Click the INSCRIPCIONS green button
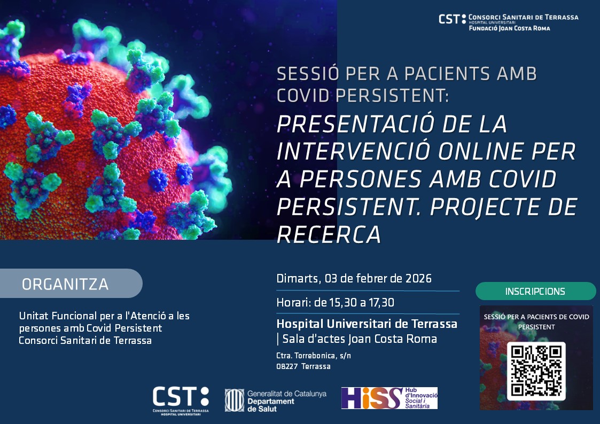tap(535, 292)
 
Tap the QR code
tap(536, 371)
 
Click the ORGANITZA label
tap(65, 284)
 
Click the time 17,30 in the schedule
tap(381, 302)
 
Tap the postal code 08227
tap(287, 366)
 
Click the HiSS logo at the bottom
tap(389, 398)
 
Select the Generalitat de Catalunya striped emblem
tap(234, 401)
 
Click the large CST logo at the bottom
tap(181, 401)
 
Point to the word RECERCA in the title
tap(329, 235)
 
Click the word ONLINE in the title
tap(481, 152)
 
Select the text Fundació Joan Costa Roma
tap(509, 28)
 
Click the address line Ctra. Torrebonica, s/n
tap(314, 356)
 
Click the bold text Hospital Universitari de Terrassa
tap(367, 324)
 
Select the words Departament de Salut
tap(270, 405)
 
